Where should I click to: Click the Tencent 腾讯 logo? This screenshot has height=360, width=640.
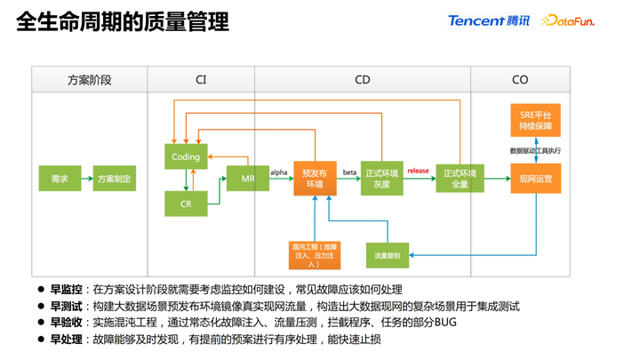(488, 20)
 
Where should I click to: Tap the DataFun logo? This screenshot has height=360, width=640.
(568, 20)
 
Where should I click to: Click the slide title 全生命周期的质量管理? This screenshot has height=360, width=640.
(122, 21)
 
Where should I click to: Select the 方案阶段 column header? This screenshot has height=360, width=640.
(90, 80)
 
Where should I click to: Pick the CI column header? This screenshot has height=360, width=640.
(201, 80)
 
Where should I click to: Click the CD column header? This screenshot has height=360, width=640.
(362, 80)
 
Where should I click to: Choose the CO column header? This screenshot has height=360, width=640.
(520, 80)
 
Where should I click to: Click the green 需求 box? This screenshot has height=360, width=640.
(60, 179)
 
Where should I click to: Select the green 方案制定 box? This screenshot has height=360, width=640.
(115, 179)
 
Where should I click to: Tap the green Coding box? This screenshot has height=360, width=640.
(186, 156)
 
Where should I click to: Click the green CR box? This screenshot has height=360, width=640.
(186, 204)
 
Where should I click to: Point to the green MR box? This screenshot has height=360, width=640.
(248, 179)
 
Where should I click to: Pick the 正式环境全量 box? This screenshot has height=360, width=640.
(459, 179)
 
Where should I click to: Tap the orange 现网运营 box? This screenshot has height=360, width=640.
(535, 179)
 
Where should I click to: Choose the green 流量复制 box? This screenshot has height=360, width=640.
(388, 255)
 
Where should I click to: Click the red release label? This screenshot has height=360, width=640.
(418, 171)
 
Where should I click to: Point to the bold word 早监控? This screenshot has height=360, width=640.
(66, 290)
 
